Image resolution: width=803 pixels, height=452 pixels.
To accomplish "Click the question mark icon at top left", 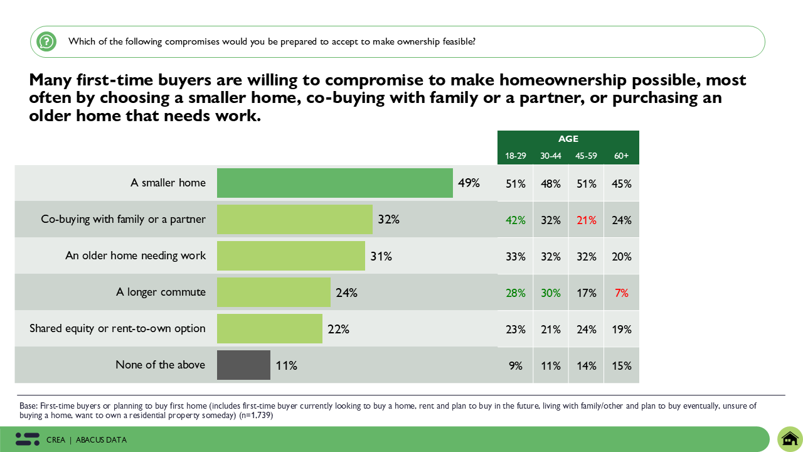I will [46, 42].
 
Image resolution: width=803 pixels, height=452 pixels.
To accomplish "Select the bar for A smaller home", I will [334, 183].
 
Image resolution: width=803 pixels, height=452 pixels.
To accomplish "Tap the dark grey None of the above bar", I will [243, 365].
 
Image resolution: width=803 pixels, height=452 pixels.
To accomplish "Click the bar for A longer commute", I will [274, 293].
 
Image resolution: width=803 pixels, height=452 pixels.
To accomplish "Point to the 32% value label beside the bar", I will [388, 220].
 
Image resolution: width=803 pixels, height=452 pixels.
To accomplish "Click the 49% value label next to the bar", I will [469, 183].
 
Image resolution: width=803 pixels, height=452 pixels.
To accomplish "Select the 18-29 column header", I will [515, 156].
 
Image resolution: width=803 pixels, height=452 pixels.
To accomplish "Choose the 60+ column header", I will [621, 156].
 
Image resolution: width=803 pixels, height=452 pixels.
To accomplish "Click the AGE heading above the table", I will [568, 139].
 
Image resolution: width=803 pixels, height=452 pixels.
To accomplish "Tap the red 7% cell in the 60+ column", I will [621, 293].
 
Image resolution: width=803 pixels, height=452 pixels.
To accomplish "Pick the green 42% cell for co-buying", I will [515, 220].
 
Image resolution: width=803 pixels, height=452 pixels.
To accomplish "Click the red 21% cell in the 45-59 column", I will [586, 220].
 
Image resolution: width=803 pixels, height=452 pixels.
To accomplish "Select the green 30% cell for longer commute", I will [550, 293].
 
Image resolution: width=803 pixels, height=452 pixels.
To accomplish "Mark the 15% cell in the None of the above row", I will [621, 365].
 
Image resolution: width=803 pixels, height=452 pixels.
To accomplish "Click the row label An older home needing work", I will [136, 256].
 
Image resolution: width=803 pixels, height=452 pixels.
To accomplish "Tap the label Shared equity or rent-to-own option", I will [117, 328].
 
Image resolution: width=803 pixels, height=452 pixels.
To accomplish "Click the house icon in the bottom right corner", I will [790, 438].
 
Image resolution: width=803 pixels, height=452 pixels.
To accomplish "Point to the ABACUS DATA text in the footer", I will [101, 440].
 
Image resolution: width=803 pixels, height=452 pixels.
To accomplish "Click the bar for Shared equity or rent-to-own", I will [270, 328].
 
